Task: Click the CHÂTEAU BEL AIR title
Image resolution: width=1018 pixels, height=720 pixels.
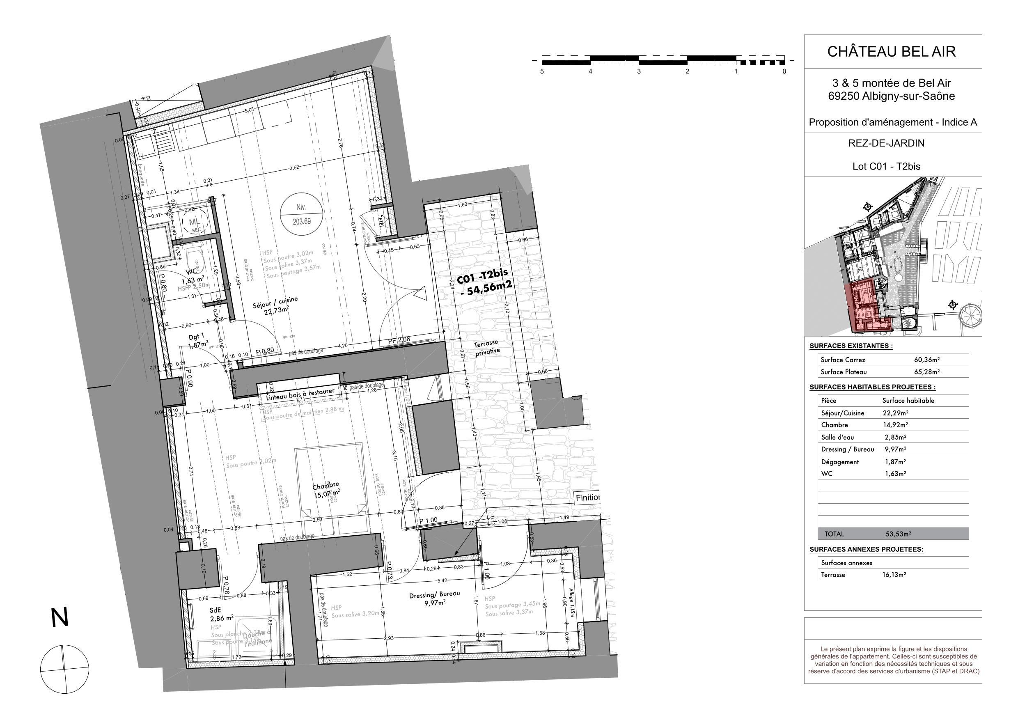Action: (891, 51)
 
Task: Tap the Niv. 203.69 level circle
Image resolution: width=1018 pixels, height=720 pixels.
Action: (301, 214)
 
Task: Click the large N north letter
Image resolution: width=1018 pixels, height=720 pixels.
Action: (60, 618)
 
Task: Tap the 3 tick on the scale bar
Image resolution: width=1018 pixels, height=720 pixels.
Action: (638, 71)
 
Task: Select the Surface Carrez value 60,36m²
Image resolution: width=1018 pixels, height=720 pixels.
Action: (926, 360)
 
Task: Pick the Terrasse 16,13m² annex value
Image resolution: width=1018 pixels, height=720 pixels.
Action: (894, 575)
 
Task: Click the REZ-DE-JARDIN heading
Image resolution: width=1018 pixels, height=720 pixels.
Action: (893, 143)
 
